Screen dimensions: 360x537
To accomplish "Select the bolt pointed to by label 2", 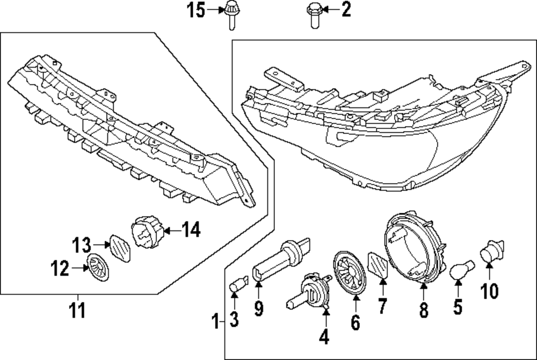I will [314, 14].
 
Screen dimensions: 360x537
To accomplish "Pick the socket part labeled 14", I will [147, 232].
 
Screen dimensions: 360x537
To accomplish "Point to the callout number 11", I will [78, 311].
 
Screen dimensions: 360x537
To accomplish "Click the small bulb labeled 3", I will [236, 285].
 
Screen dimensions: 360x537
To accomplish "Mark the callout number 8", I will [424, 310].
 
